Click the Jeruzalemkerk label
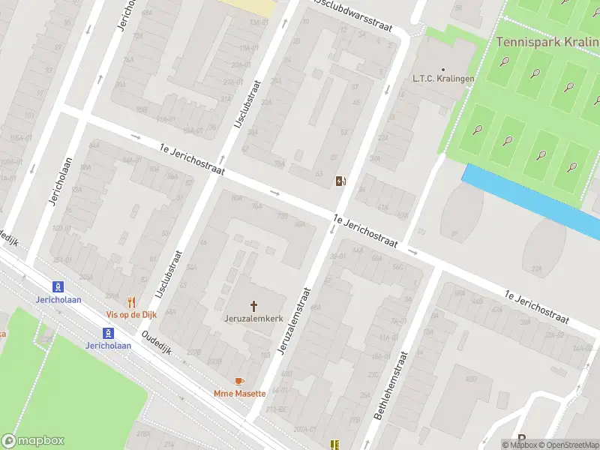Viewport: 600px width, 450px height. click(x=253, y=317)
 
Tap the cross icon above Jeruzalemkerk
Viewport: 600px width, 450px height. click(x=253, y=305)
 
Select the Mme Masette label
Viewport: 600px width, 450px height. click(x=240, y=393)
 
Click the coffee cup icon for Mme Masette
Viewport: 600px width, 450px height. click(x=240, y=381)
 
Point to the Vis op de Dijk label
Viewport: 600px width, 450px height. click(x=131, y=314)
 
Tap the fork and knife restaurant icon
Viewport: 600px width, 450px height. click(x=131, y=302)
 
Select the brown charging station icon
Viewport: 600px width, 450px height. click(x=340, y=181)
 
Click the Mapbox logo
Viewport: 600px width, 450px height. click(x=32, y=441)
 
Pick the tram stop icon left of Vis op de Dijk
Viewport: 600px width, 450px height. click(x=57, y=286)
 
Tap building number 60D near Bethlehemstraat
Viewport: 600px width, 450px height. click(x=470, y=379)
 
